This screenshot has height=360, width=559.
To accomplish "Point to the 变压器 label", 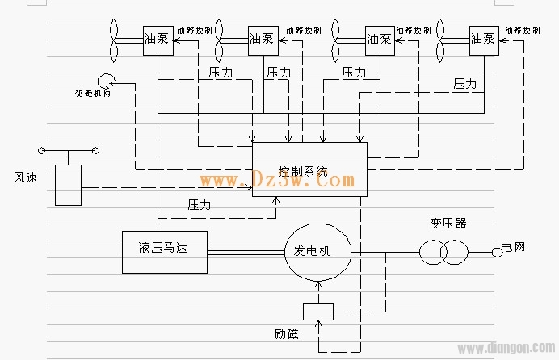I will pyautogui.click(x=448, y=224).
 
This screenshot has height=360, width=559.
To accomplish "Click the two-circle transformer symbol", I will pyautogui.click(x=443, y=252).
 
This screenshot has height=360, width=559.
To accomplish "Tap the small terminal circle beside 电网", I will pyautogui.click(x=497, y=252).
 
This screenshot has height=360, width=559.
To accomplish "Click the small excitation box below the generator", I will pyautogui.click(x=317, y=311).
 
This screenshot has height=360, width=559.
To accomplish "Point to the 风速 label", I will pyautogui.click(x=25, y=177).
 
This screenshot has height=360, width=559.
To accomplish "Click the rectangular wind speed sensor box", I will pyautogui.click(x=68, y=185).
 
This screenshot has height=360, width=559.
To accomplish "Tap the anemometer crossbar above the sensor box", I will pyautogui.click(x=68, y=150).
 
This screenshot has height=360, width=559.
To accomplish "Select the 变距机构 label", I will pyautogui.click(x=93, y=93).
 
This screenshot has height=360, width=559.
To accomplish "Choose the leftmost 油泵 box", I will pyautogui.click(x=158, y=40).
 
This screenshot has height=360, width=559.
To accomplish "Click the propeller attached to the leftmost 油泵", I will pyautogui.click(x=115, y=40).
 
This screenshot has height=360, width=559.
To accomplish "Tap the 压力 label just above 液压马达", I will pyautogui.click(x=199, y=205).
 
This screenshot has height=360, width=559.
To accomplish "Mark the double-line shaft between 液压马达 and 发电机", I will pyautogui.click(x=246, y=251).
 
